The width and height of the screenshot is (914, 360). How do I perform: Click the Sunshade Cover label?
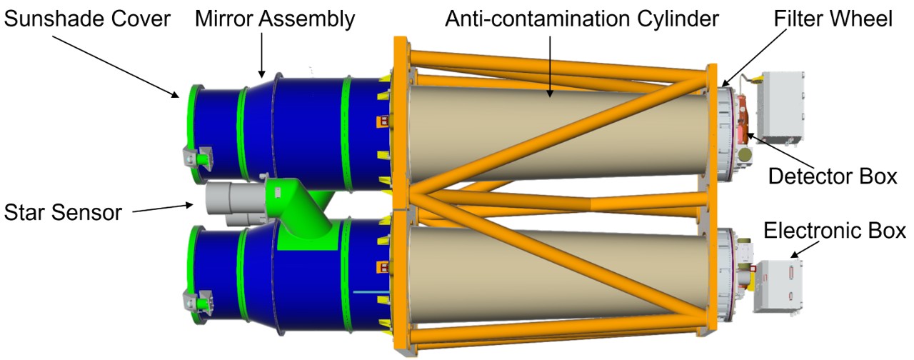88,19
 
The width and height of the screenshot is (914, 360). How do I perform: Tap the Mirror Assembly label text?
275,19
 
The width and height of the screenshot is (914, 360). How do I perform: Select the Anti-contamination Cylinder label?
581,19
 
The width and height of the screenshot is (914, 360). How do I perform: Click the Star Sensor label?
63,212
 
